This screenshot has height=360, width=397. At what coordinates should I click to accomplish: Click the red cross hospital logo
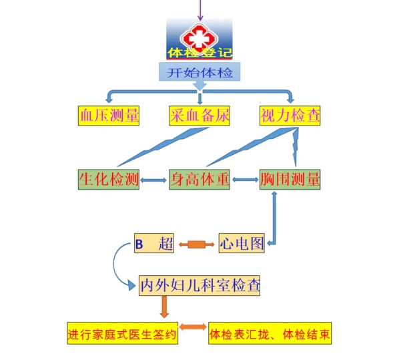(199, 38)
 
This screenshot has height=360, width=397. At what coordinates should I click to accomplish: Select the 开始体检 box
(200, 72)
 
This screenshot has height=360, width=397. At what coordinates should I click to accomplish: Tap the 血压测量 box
(109, 116)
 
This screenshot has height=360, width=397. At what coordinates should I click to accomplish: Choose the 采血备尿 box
(200, 116)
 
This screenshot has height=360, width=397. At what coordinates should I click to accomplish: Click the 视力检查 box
(290, 116)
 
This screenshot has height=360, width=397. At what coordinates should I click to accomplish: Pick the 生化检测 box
(109, 180)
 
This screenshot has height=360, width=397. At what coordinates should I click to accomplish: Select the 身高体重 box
(200, 180)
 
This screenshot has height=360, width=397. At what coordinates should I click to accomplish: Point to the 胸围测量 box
(290, 180)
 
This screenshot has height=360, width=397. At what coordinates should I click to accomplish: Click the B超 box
(154, 243)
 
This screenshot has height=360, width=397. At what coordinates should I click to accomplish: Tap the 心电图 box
(242, 243)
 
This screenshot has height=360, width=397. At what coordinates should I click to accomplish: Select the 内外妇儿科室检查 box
(200, 285)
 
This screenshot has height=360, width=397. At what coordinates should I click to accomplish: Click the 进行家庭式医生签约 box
(123, 333)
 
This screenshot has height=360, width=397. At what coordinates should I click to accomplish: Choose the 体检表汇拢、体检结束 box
(270, 333)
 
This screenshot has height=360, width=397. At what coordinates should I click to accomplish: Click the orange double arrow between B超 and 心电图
(196, 244)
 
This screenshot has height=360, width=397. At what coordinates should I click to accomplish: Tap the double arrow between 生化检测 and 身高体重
(153, 180)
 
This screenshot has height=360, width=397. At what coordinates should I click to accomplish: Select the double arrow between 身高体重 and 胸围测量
(245, 180)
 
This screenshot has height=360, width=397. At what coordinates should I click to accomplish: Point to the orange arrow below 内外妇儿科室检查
(164, 307)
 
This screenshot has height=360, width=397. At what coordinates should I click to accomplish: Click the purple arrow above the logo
(200, 10)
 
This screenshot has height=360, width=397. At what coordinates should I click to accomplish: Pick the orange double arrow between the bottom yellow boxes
(193, 327)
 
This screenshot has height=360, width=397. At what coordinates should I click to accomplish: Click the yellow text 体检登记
(200, 53)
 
